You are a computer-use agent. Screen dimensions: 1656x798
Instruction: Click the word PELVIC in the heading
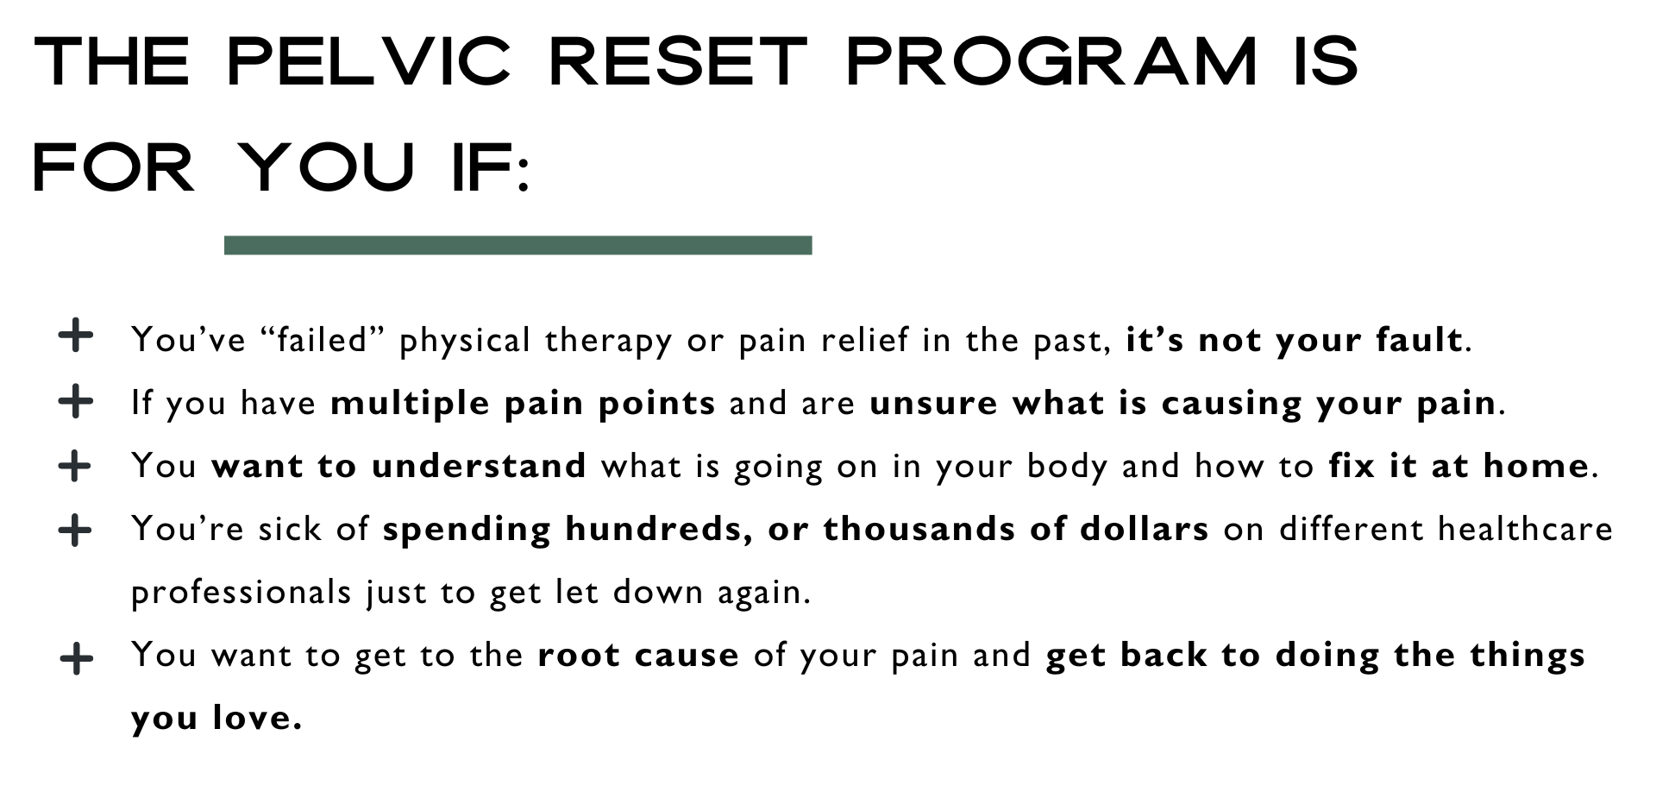click(368, 62)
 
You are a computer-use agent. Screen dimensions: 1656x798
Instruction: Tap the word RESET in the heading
click(678, 62)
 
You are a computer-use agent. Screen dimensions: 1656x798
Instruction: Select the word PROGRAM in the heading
click(1052, 62)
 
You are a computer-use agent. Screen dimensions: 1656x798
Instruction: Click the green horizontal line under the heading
click(517, 245)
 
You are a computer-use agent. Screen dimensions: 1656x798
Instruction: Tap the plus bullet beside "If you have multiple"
click(76, 401)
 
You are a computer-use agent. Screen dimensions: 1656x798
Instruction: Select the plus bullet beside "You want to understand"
click(76, 466)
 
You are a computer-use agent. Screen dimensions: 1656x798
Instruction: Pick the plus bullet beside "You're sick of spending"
click(76, 530)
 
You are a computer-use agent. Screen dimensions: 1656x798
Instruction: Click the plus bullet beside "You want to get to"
click(77, 660)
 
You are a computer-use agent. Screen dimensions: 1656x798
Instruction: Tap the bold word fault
click(1420, 339)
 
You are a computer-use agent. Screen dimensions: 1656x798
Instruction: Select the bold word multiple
click(411, 404)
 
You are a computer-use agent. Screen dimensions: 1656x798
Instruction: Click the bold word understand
click(480, 466)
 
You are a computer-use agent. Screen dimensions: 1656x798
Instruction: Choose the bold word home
click(1536, 466)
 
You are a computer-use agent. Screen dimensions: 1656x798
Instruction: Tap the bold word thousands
click(919, 529)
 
